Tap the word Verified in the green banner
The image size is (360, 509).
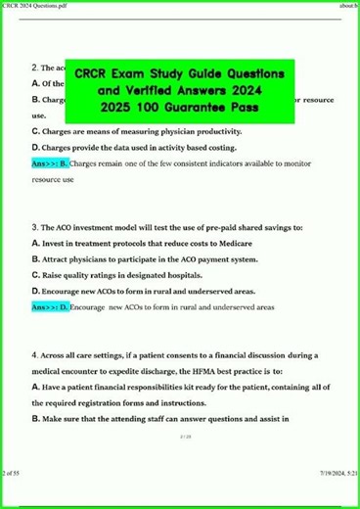[x=146, y=90]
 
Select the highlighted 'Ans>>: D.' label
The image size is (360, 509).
[x=51, y=306]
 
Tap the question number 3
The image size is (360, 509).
[x=35, y=226]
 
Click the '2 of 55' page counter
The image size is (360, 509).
[x=13, y=501]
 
